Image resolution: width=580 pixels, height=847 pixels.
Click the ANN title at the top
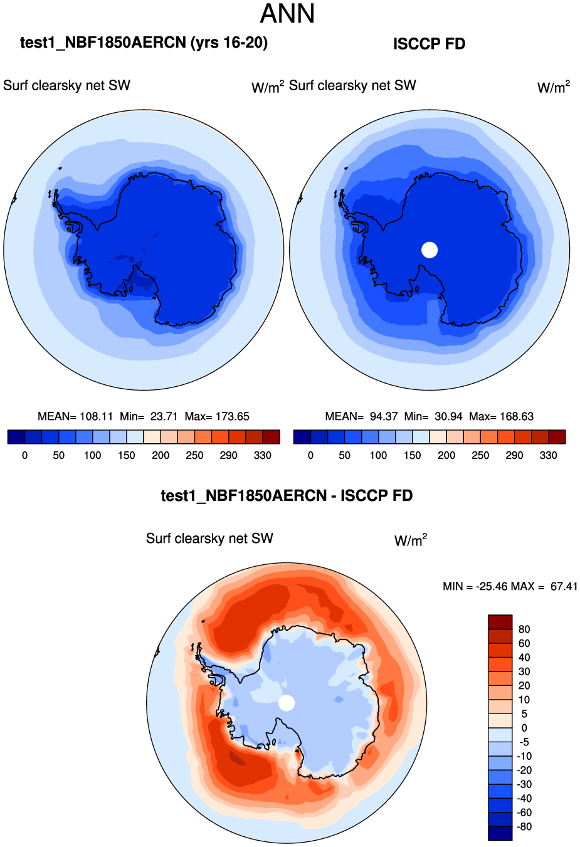[x=287, y=14]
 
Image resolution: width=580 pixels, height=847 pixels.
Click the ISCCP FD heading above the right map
[x=429, y=44]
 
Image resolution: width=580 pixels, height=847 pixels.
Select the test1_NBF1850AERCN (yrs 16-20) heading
[x=144, y=43]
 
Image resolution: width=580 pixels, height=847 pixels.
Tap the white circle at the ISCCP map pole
[x=430, y=250]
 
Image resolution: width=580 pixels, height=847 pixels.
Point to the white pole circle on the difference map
[x=287, y=703]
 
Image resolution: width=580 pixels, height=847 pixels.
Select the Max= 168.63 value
[x=502, y=416]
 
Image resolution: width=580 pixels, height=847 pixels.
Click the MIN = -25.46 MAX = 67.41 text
[x=510, y=586]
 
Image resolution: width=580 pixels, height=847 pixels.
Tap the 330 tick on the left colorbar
[x=263, y=455]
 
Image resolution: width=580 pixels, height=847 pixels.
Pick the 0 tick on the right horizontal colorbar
[x=310, y=455]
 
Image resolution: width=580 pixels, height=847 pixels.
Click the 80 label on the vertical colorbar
[x=524, y=629]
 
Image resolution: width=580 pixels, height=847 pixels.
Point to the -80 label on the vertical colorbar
[x=524, y=826]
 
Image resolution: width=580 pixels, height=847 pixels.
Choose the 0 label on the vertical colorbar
[x=524, y=728]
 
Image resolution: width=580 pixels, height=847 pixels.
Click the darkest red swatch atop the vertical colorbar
[x=500, y=622]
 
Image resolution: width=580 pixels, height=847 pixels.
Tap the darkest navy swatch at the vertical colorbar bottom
[x=500, y=833]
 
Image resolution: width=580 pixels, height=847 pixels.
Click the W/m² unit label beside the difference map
[x=411, y=540]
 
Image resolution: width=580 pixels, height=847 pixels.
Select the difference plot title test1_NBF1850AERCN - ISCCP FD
[x=287, y=496]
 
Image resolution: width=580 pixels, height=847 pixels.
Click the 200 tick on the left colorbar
[x=161, y=455]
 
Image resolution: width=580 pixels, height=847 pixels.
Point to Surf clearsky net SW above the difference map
[x=209, y=539]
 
